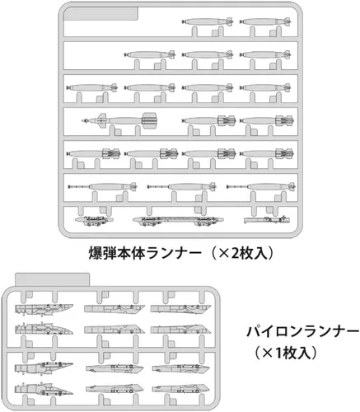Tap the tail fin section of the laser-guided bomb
pyautogui.click(x=150, y=120)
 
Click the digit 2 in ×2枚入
pyautogui.click(x=235, y=254)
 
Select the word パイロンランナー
pyautogui.click(x=303, y=332)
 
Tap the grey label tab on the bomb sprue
pyautogui.click(x=101, y=14)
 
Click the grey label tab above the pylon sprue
pyautogui.click(x=52, y=279)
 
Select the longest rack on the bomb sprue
pyautogui.click(x=178, y=220)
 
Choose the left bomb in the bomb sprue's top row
pyautogui.click(x=208, y=21)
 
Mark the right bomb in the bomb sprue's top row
pyautogui.click(x=265, y=21)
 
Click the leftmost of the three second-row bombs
pyautogui.click(x=150, y=54)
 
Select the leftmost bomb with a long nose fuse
pyautogui.click(x=102, y=187)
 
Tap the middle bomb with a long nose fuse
pyautogui.click(x=181, y=187)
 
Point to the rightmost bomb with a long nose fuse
pyautogui.click(x=261, y=187)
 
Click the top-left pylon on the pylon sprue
pyautogui.click(x=44, y=309)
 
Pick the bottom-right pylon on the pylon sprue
pyautogui.click(x=181, y=389)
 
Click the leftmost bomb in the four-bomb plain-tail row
pyautogui.click(x=92, y=87)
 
